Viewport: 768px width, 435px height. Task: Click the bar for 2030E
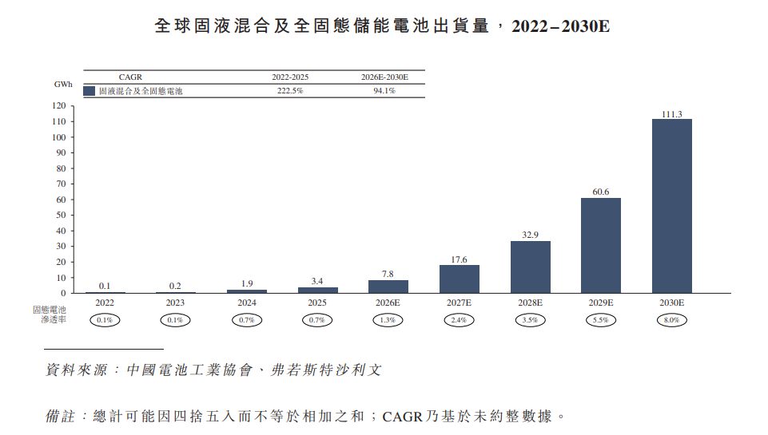671,206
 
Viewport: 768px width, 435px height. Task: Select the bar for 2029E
601,245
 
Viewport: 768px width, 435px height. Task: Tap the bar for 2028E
530,267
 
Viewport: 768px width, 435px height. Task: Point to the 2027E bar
460,279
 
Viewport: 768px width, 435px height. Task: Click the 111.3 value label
671,114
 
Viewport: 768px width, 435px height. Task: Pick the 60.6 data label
601,192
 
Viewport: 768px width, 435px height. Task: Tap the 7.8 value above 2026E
388,274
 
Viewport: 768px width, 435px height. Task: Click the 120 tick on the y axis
58,105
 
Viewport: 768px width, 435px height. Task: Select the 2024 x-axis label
247,303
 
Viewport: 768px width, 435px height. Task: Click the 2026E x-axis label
388,303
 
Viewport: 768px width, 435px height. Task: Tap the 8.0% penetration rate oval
671,320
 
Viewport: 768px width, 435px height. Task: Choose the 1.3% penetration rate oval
388,320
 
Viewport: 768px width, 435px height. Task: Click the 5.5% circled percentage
601,320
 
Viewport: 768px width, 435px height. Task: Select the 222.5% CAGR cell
290,91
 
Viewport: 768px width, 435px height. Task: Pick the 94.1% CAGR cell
384,91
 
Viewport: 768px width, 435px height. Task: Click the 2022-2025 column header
290,77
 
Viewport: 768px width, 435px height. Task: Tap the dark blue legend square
90,91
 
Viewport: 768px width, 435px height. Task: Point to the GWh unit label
63,85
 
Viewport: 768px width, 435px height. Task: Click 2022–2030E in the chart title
560,26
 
